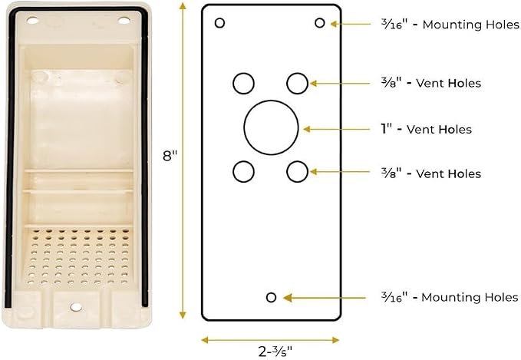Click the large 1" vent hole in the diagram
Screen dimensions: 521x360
pos(244,127)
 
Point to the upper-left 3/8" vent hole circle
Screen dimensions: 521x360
pos(233,83)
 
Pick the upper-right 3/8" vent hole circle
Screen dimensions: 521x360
pos(287,83)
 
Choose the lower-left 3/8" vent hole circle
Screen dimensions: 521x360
pos(233,171)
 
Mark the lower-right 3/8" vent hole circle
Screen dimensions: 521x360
pos(287,171)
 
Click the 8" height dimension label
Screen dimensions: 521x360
pos(170,156)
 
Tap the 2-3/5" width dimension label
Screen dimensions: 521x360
pos(275,352)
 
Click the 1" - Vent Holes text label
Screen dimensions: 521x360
pos(426,129)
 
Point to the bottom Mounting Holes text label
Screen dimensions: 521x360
pos(450,297)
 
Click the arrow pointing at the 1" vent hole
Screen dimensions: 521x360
pos(336,129)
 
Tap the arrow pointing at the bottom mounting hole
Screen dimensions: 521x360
pos(325,298)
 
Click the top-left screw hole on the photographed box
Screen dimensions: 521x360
pos(32,21)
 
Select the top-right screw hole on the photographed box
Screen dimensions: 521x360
pos(124,21)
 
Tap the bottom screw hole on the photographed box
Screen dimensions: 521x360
pos(76,307)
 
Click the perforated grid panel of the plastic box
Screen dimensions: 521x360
pos(78,256)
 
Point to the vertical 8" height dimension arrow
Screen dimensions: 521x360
pos(183,160)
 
